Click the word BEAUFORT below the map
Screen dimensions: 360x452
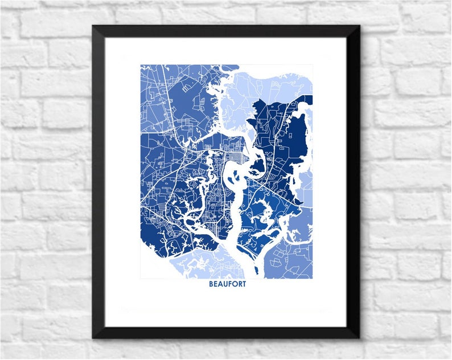tap(227, 284)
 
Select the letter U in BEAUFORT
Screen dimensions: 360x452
tap(225, 284)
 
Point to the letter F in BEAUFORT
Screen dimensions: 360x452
tap(229, 284)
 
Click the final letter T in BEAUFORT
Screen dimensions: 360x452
tap(244, 284)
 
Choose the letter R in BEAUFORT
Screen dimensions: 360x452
tap(239, 284)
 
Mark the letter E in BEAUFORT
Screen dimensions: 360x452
tap(216, 284)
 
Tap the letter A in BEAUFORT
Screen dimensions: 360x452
tap(220, 284)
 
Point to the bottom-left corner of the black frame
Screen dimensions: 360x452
tap(93, 338)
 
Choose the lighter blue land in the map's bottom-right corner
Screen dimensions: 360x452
tap(296, 262)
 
